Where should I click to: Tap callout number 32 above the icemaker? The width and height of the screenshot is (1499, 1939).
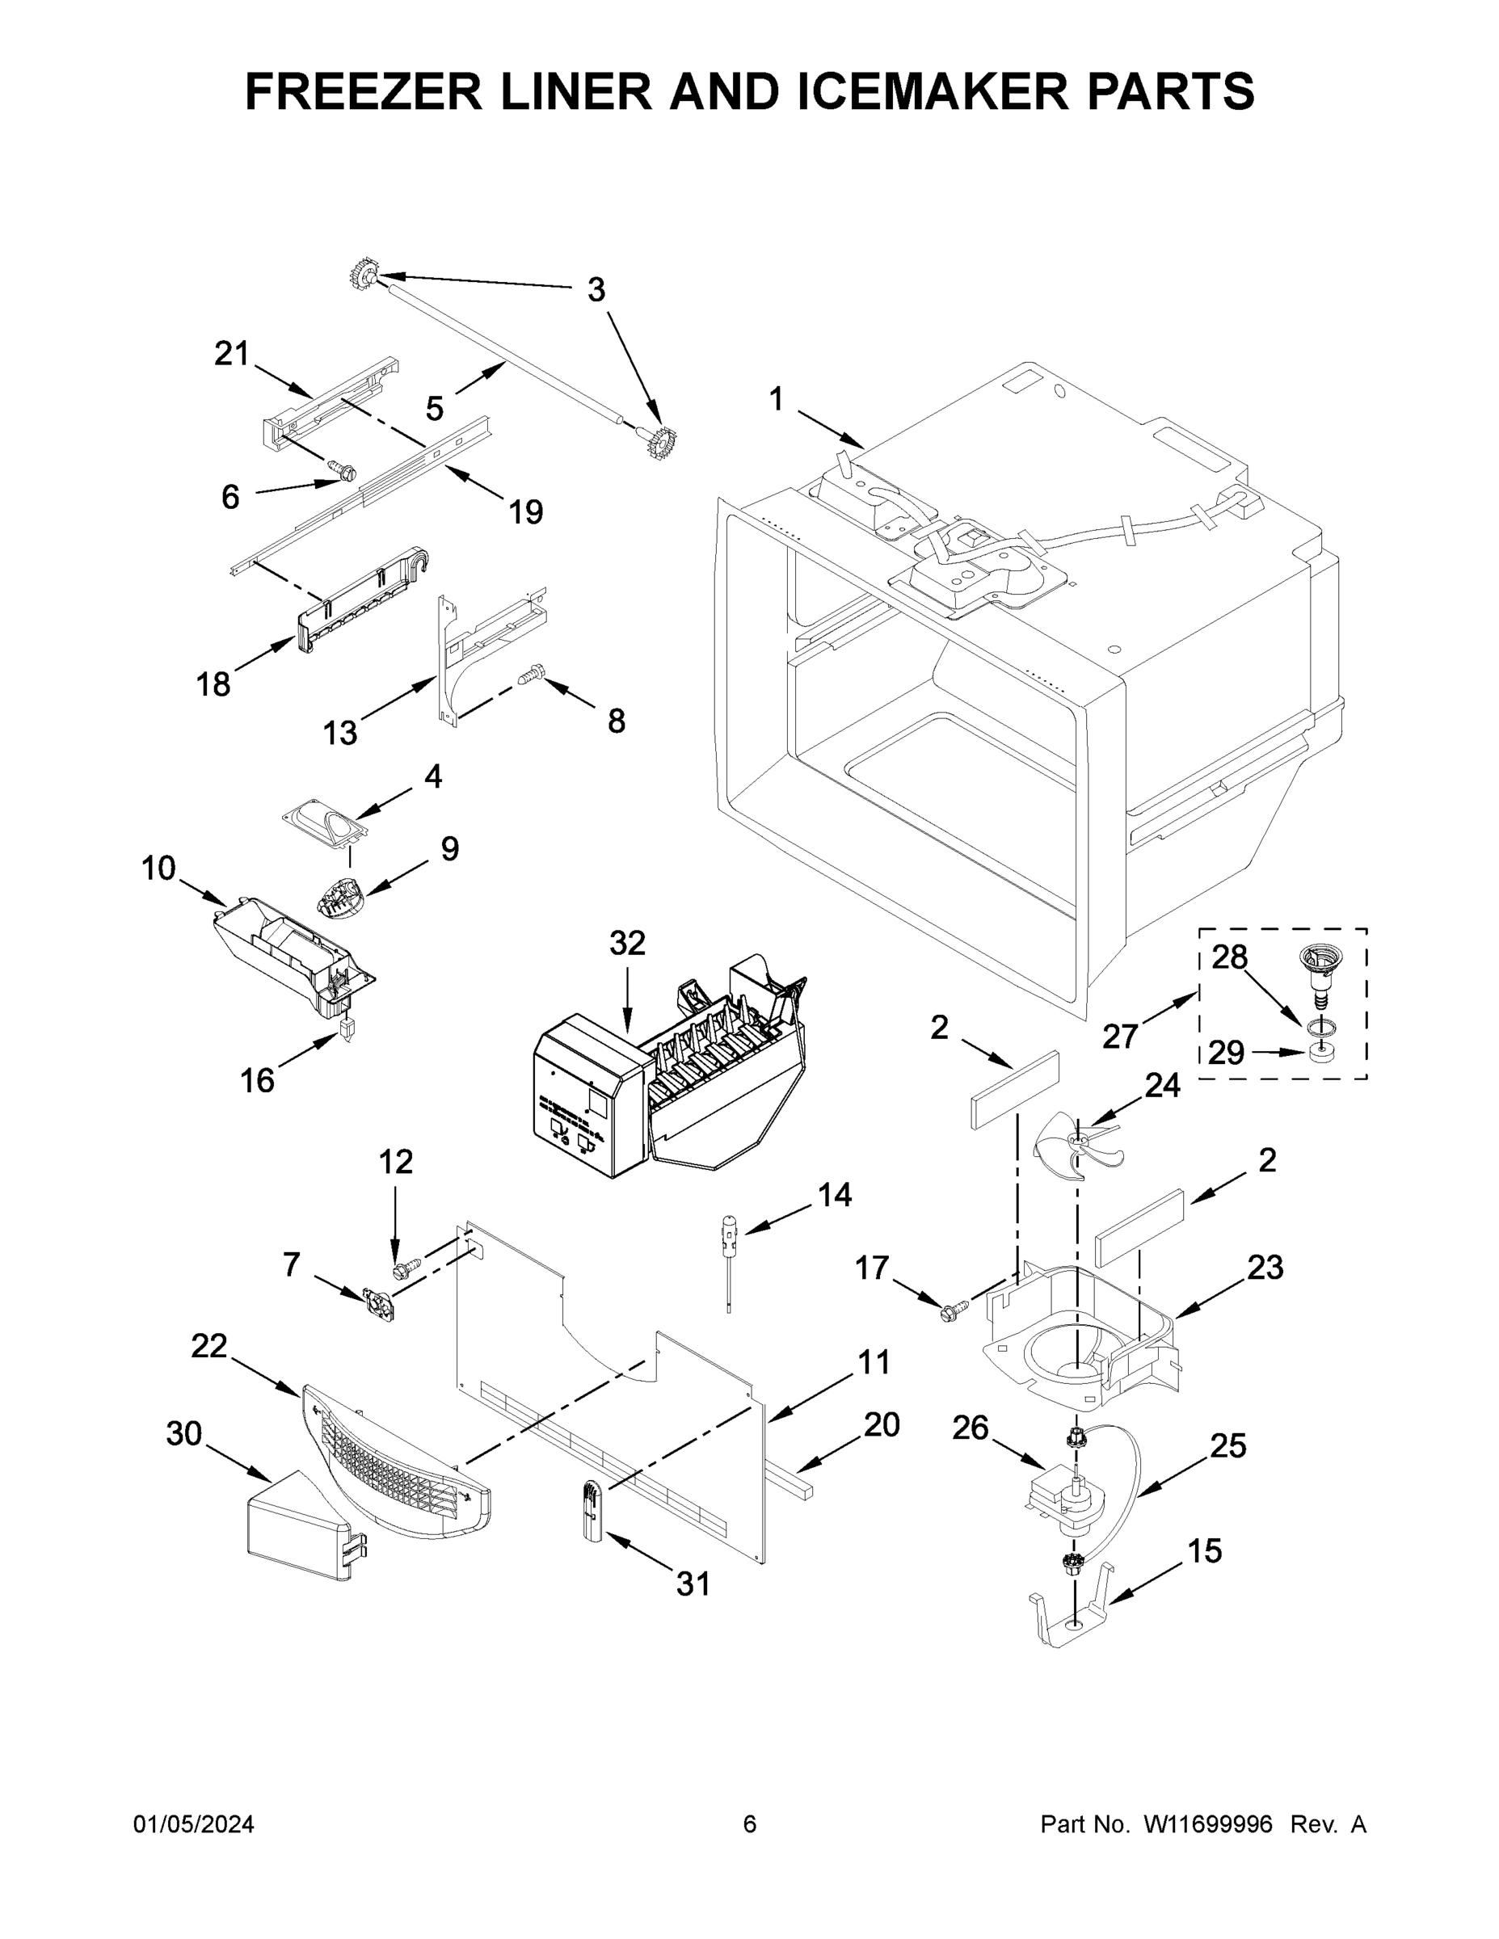pyautogui.click(x=627, y=943)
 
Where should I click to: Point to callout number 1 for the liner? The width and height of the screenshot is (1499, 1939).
pyautogui.click(x=776, y=400)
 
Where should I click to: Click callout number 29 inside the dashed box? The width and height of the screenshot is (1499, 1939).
pyautogui.click(x=1226, y=1053)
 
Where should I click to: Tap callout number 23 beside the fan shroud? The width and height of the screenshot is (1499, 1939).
pyautogui.click(x=1265, y=1268)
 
